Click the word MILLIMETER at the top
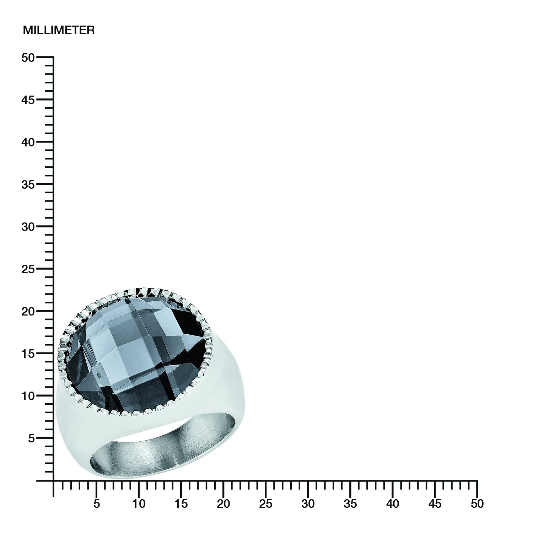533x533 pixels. click(x=59, y=30)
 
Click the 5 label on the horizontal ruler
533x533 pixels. click(x=96, y=504)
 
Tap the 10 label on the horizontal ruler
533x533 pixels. click(x=139, y=504)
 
